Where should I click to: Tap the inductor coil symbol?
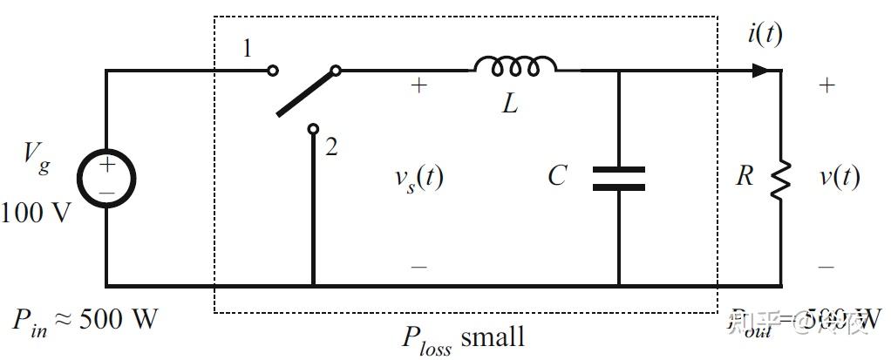(x=515, y=66)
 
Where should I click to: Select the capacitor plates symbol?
(x=618, y=177)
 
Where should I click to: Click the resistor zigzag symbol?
(x=780, y=177)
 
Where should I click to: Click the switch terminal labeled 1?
(x=272, y=71)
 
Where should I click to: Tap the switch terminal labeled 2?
(x=313, y=129)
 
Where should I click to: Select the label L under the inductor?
(x=510, y=105)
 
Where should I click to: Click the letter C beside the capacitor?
(x=558, y=177)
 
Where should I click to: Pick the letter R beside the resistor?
(x=744, y=177)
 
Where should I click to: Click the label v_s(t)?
(x=418, y=178)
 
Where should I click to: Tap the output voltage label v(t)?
(x=839, y=177)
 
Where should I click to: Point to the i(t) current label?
(x=765, y=35)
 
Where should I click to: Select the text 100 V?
(x=37, y=212)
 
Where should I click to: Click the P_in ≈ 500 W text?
(x=85, y=320)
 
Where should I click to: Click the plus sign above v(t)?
(x=826, y=85)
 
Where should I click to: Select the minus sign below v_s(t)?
(x=419, y=266)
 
